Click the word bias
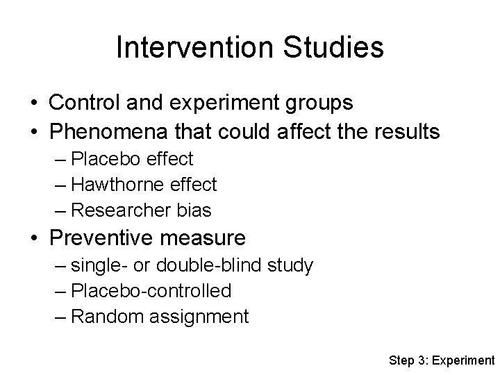(x=194, y=210)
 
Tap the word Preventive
(x=100, y=238)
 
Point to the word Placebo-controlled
(x=151, y=291)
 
